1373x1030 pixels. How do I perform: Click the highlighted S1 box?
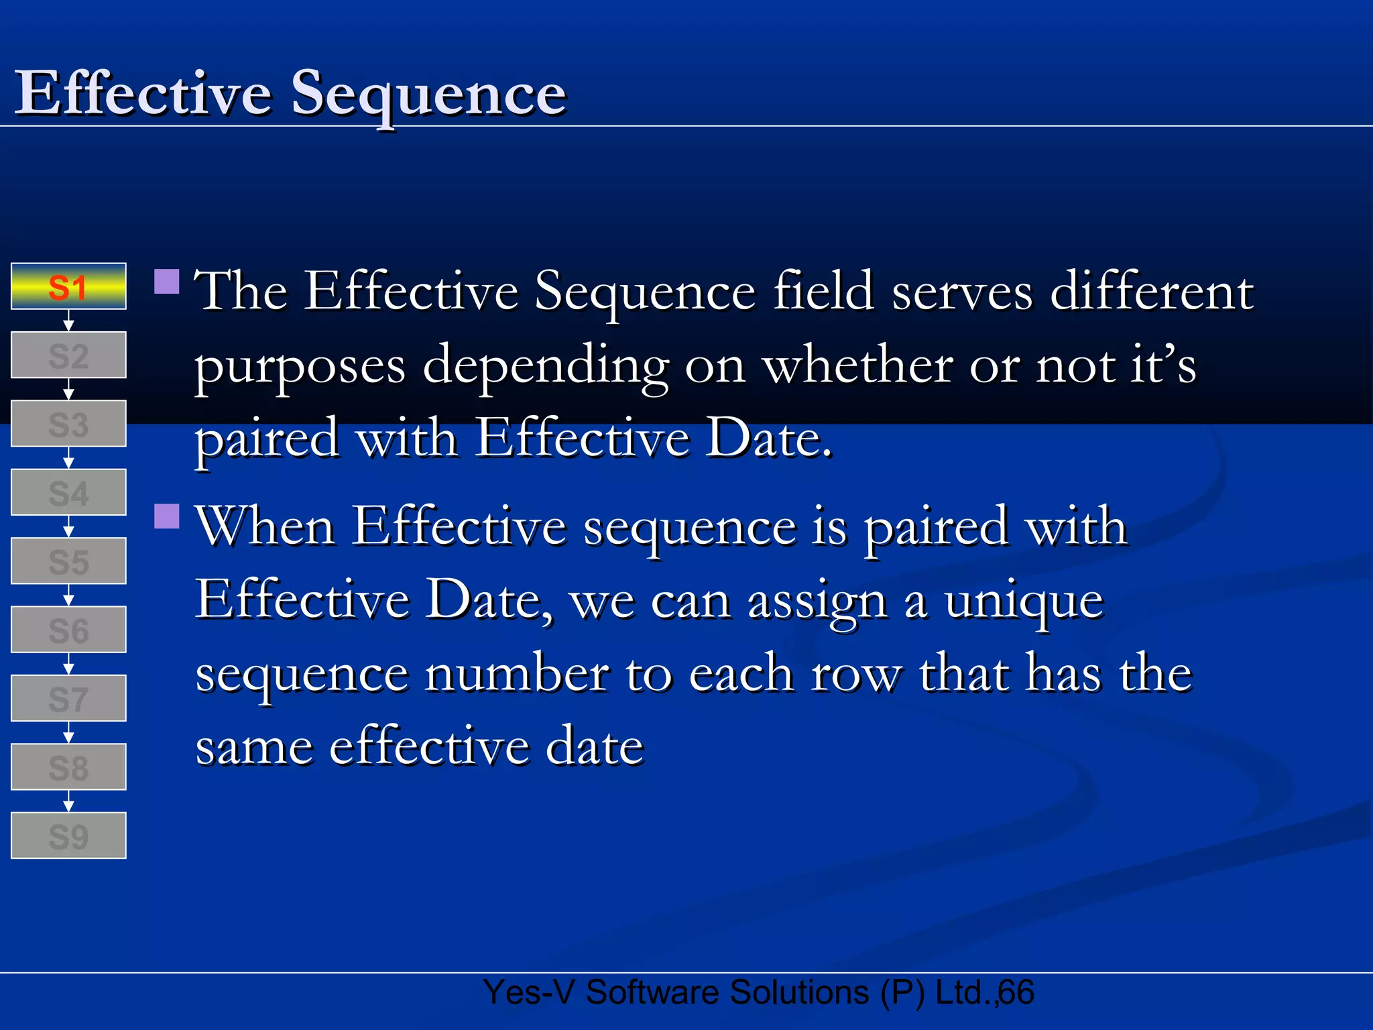point(68,286)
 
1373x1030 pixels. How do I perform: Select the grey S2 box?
point(68,355)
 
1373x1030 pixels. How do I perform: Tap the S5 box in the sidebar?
point(68,561)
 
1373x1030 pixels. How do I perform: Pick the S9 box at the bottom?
point(68,836)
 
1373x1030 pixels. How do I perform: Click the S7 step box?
point(68,699)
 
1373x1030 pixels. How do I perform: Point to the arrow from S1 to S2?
point(68,321)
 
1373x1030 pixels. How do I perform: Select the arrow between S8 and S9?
point(68,801)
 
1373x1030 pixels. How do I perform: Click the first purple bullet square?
point(167,282)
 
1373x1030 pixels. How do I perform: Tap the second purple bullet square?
point(167,516)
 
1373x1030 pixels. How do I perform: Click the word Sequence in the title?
point(428,94)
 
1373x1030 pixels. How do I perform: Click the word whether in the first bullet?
point(857,365)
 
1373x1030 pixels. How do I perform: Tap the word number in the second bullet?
point(517,674)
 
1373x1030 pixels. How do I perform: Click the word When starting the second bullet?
point(265,526)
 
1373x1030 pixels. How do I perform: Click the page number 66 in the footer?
point(1016,993)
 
